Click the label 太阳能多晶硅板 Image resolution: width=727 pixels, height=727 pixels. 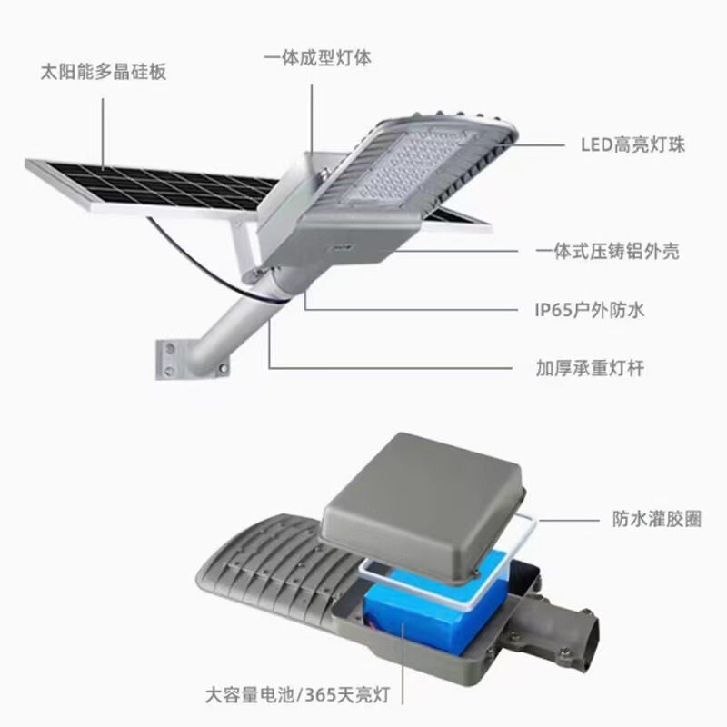(x=104, y=72)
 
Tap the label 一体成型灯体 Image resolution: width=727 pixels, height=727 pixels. (x=317, y=57)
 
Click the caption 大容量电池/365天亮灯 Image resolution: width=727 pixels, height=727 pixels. (x=296, y=695)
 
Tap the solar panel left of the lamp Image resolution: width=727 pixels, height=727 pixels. (x=145, y=186)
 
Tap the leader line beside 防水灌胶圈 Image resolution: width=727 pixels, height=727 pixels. (x=563, y=518)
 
